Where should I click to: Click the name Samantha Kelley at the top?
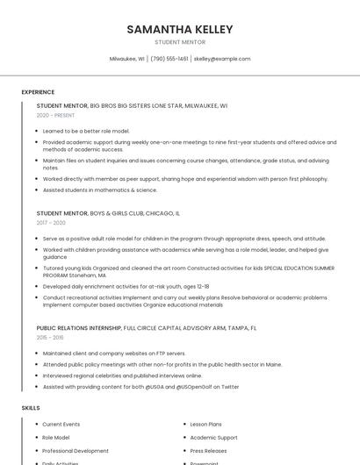[x=180, y=29]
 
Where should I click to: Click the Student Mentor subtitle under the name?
[x=180, y=42]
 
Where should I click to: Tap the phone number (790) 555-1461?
[x=169, y=59]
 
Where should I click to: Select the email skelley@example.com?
[x=222, y=59]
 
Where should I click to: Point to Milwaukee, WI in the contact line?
[x=127, y=59]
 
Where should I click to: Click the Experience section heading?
[x=38, y=92]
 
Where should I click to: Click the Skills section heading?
[x=31, y=408]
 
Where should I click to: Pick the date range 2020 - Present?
[x=55, y=115]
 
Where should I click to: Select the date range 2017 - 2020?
[x=51, y=223]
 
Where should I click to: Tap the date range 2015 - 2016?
[x=50, y=337]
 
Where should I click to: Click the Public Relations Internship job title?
[x=79, y=328]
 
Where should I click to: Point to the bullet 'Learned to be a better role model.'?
[x=86, y=131]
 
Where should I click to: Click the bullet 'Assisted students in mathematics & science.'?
[x=100, y=190]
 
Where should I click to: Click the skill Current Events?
[x=61, y=425]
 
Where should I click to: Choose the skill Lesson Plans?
[x=207, y=425]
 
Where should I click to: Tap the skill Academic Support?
[x=213, y=438]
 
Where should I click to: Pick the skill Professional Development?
[x=76, y=451]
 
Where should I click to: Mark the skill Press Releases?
[x=209, y=451]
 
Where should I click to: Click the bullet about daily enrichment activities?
[x=126, y=286]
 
